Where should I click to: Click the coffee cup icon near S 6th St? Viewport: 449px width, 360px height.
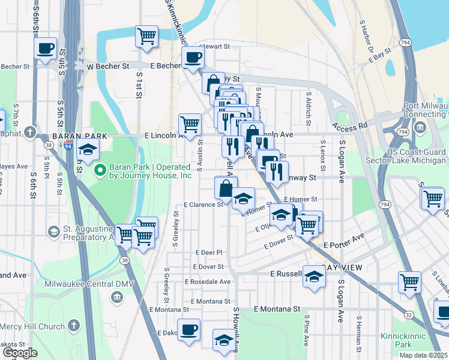pyautogui.click(x=45, y=49)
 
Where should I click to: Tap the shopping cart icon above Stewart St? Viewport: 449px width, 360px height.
pyautogui.click(x=146, y=37)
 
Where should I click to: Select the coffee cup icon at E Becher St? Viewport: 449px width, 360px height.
pyautogui.click(x=193, y=58)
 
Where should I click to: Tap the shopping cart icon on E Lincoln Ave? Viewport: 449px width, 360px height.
pyautogui.click(x=190, y=125)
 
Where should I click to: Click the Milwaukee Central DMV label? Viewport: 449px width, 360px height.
pyautogui.click(x=82, y=283)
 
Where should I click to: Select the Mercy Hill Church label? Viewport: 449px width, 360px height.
pyautogui.click(x=32, y=326)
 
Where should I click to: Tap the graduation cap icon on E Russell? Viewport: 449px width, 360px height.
pyautogui.click(x=314, y=277)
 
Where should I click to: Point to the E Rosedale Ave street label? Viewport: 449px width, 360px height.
pyautogui.click(x=207, y=281)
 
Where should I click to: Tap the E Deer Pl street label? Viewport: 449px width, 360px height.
pyautogui.click(x=209, y=253)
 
